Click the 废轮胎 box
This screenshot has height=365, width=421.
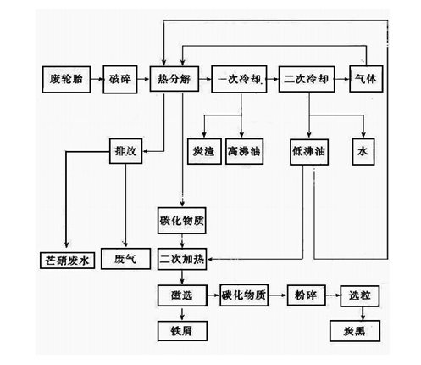(66, 80)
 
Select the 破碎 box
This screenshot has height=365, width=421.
(120, 80)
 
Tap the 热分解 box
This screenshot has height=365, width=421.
(174, 79)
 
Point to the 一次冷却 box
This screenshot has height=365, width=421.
(239, 79)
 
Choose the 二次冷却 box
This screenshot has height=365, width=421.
(307, 79)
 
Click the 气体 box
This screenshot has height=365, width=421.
(366, 79)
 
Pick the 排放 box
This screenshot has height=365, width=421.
(125, 151)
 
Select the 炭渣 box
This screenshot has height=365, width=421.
(204, 151)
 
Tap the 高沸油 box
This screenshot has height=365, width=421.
(245, 151)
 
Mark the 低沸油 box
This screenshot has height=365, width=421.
(309, 152)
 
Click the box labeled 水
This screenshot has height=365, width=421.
(363, 152)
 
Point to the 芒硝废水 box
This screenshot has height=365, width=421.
(67, 261)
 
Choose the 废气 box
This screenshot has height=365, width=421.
(125, 259)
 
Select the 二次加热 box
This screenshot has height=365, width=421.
(182, 259)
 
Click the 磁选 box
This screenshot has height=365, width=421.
(182, 295)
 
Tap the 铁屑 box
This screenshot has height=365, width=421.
(182, 331)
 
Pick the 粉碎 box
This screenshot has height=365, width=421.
(307, 295)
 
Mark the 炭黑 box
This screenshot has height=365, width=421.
(355, 331)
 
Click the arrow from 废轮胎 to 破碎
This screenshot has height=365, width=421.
(97, 79)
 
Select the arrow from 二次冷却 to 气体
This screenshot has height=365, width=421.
(342, 79)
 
